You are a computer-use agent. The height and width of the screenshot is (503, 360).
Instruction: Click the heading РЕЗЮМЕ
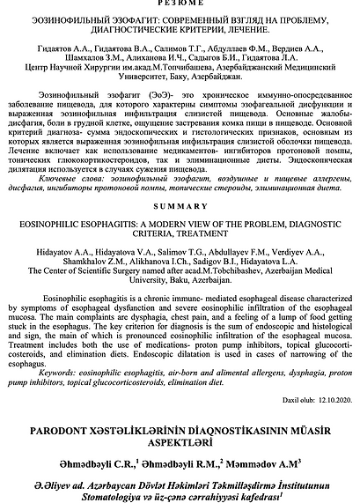pyautogui.click(x=180, y=5)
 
